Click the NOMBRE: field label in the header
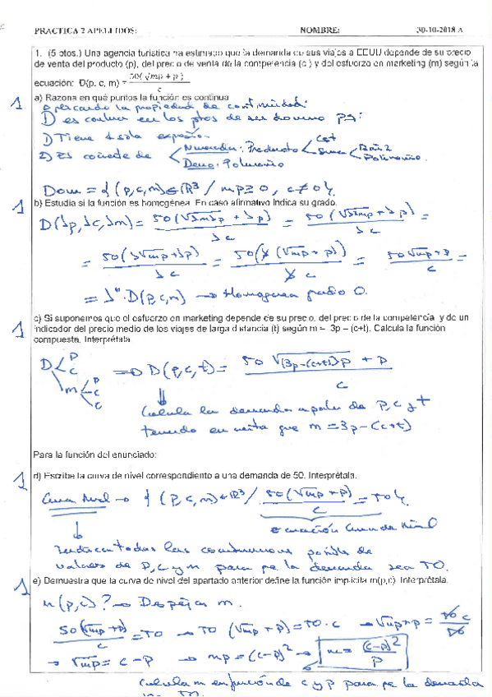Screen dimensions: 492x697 coord(320,30)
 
